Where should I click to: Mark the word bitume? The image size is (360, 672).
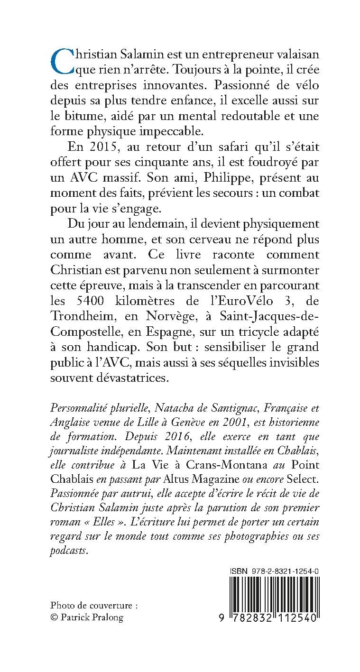pos(78,115)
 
